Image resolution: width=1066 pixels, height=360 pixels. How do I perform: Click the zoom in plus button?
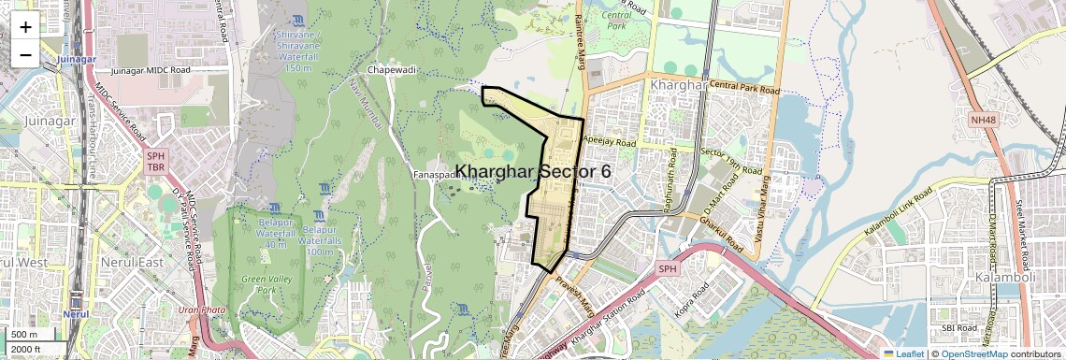(x=25, y=27)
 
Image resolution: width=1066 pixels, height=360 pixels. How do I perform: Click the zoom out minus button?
(x=25, y=55)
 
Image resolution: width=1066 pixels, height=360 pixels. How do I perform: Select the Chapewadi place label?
(x=392, y=70)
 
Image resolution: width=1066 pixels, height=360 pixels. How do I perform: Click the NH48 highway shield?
(x=983, y=120)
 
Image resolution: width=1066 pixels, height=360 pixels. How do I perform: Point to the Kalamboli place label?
(x=1000, y=278)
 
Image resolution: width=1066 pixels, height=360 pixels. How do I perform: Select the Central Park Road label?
(x=744, y=89)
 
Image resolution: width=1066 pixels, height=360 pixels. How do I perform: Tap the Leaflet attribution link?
(x=903, y=353)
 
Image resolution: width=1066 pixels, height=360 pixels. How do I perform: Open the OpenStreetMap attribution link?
(x=973, y=353)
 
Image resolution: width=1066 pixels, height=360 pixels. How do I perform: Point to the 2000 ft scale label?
(x=25, y=350)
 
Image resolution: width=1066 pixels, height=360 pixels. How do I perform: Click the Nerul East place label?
(x=133, y=262)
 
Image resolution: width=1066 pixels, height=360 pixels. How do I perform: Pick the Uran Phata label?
(x=202, y=310)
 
